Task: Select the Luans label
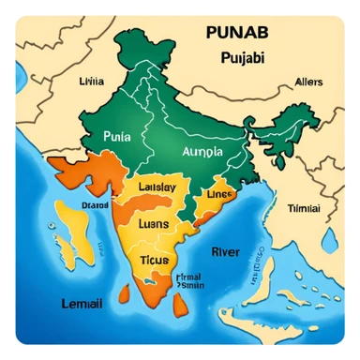click(153, 224)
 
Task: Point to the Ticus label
click(153, 258)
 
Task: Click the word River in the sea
click(226, 251)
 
